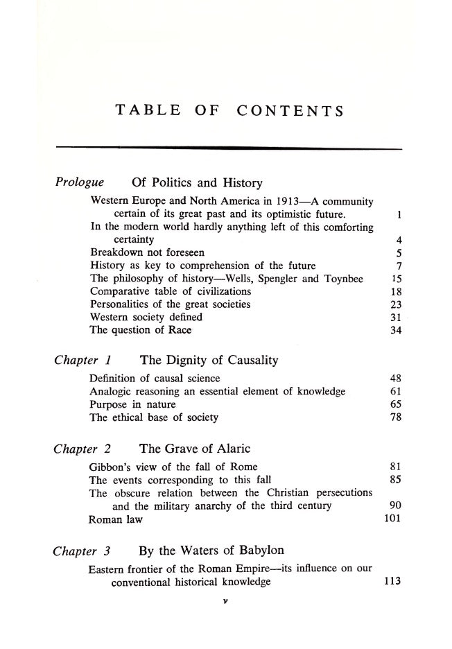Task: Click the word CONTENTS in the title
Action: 290,110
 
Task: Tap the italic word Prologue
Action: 80,183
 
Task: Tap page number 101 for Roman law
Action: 392,519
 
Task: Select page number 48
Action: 396,379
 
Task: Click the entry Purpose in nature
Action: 132,404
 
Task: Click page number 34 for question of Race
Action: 396,329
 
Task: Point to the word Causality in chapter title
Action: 245,360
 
